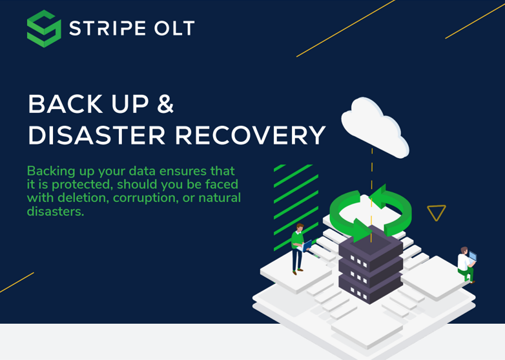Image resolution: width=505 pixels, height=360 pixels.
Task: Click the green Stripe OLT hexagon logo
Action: click(x=44, y=28)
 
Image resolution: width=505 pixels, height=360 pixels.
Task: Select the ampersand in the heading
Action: click(x=165, y=105)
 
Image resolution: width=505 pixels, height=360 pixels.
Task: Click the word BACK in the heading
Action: click(x=65, y=105)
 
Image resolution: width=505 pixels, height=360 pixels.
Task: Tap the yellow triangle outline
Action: click(x=437, y=212)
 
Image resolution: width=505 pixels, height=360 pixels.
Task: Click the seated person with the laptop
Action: click(x=466, y=263)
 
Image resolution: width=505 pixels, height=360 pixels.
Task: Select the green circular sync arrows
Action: click(x=370, y=210)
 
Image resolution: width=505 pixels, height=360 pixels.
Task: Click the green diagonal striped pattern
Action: click(x=296, y=200)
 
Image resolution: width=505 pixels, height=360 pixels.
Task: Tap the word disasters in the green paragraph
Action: click(x=55, y=211)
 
